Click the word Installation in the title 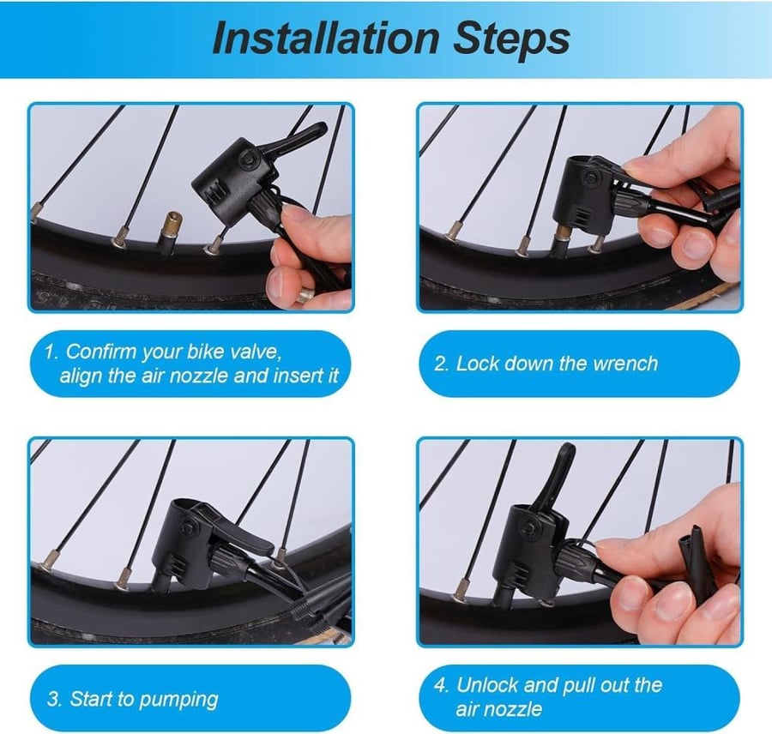pos(325,38)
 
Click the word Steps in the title pos(511,39)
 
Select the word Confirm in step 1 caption pos(102,352)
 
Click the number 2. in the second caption pos(442,364)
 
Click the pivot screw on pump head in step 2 pos(592,178)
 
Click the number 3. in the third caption pos(54,700)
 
